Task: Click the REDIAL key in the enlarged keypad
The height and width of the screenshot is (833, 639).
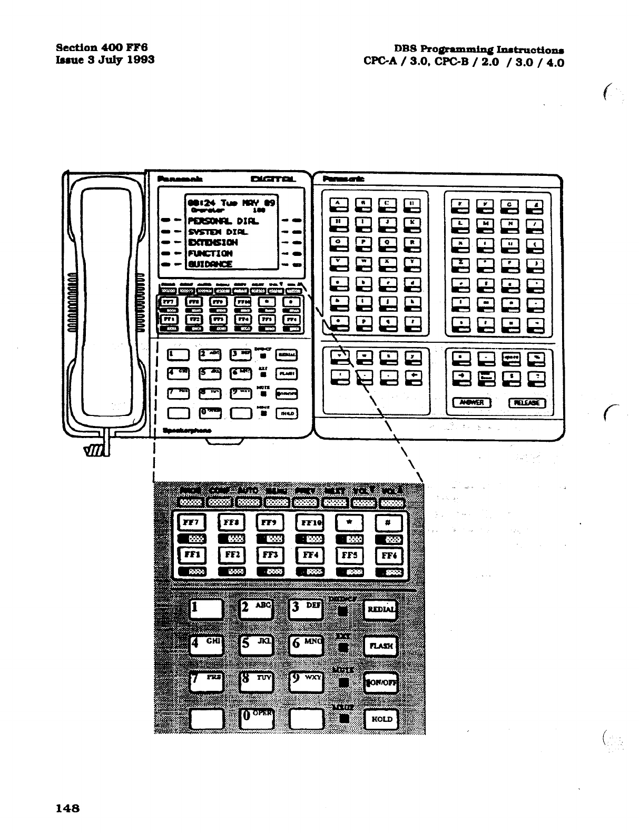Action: pos(381,610)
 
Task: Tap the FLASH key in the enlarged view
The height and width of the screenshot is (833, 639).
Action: pos(381,646)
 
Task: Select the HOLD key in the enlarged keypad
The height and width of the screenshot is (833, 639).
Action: pos(381,719)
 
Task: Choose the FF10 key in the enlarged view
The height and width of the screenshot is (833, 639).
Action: pos(309,523)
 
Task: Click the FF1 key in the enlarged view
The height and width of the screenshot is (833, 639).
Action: pos(191,555)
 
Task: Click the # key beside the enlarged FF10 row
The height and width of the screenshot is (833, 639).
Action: pos(389,523)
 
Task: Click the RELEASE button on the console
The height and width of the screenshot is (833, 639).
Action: pos(527,403)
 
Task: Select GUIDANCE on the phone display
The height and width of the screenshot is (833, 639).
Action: pos(210,264)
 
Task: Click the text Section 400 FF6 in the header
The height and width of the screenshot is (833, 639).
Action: pos(101,46)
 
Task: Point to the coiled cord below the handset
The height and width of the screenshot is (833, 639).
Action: pos(97,451)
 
